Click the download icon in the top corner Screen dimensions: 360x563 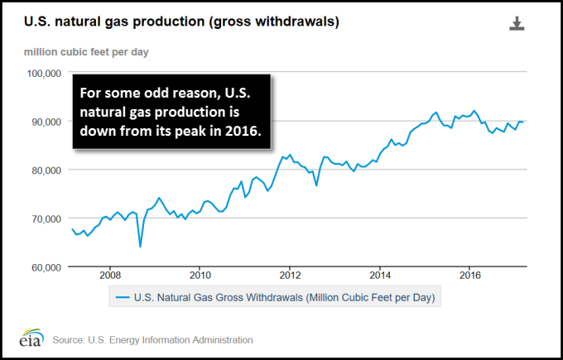517,23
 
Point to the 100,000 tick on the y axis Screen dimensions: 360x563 45,73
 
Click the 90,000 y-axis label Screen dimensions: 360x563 45,122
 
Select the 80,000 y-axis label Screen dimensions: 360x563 45,170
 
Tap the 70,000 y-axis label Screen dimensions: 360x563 45,218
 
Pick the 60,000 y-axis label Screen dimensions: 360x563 45,267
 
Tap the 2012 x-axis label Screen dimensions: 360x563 289,275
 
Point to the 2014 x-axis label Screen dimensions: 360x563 380,275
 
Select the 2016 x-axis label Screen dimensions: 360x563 470,275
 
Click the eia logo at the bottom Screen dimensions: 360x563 31,340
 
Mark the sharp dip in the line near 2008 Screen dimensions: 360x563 140,246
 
